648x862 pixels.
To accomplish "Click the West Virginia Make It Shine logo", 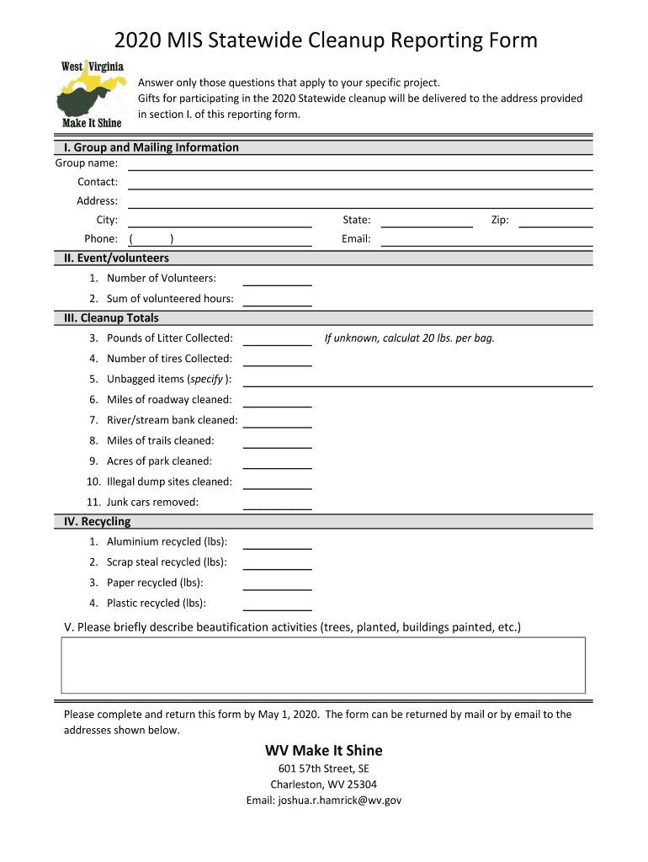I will click(92, 93).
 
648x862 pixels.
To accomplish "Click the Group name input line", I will click(360, 164).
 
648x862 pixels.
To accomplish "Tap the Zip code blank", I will click(555, 221).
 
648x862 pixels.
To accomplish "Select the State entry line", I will click(427, 221).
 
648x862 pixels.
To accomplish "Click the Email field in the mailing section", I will click(486, 241).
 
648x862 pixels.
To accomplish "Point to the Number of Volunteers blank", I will click(277, 279).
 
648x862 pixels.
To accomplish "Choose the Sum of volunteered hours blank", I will click(277, 300).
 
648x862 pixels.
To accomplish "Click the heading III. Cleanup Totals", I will click(111, 318).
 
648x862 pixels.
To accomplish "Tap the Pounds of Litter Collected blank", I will click(277, 340).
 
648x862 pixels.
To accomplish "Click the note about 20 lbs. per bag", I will click(410, 338).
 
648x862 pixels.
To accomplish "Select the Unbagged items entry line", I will click(417, 380).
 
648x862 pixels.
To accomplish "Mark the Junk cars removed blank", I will click(277, 504).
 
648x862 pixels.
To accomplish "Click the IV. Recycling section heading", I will click(97, 522).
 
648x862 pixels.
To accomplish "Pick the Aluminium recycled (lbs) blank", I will click(277, 544).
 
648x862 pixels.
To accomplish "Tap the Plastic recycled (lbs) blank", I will click(277, 604).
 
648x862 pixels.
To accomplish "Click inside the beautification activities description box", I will click(323, 665).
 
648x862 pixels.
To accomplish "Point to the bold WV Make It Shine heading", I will click(323, 750).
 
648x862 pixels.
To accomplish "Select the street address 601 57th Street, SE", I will click(323, 769).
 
